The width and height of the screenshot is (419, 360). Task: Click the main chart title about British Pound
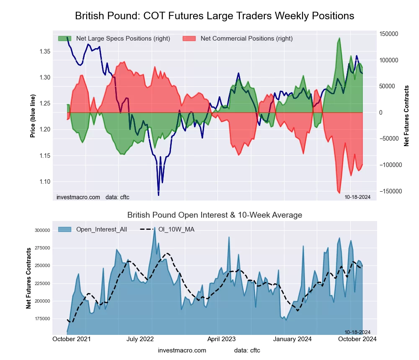click(215, 16)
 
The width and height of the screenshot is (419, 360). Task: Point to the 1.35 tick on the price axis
click(44, 51)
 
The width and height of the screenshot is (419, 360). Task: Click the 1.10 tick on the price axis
click(44, 182)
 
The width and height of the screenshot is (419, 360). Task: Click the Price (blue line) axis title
click(33, 116)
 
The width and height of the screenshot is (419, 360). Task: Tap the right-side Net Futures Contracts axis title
click(406, 116)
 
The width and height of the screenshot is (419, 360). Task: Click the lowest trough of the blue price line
click(158, 195)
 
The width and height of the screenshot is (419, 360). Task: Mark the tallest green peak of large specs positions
click(339, 38)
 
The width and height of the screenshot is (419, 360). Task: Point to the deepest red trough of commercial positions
click(339, 193)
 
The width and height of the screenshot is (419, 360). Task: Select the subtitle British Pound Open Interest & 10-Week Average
click(215, 215)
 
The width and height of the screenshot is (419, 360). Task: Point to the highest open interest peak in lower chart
click(155, 228)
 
